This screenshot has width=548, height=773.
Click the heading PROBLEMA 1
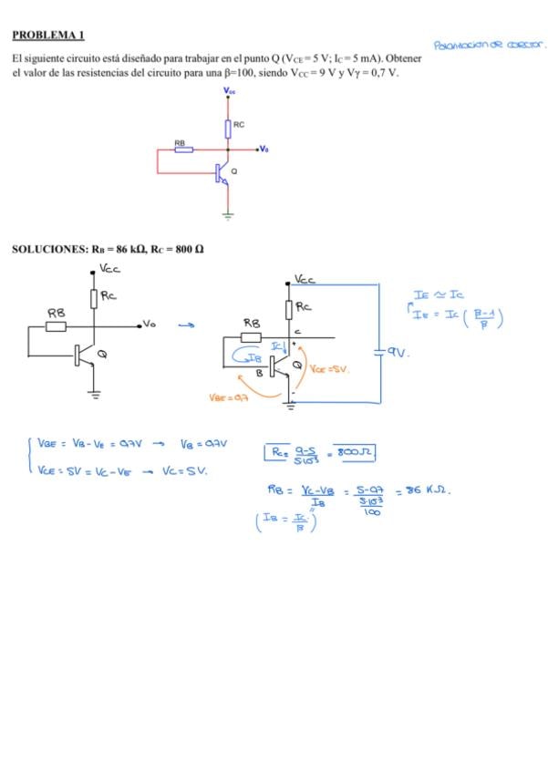tap(48, 35)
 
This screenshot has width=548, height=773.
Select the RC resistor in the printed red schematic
tap(228, 128)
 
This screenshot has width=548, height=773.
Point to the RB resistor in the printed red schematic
tap(183, 149)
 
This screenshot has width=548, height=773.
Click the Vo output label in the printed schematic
tap(264, 148)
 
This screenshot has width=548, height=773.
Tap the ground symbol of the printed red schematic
tap(228, 216)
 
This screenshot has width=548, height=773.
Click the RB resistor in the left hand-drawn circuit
tap(56, 325)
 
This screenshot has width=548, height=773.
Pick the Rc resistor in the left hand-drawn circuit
tap(94, 298)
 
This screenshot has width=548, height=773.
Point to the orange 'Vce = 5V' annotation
tap(330, 370)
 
